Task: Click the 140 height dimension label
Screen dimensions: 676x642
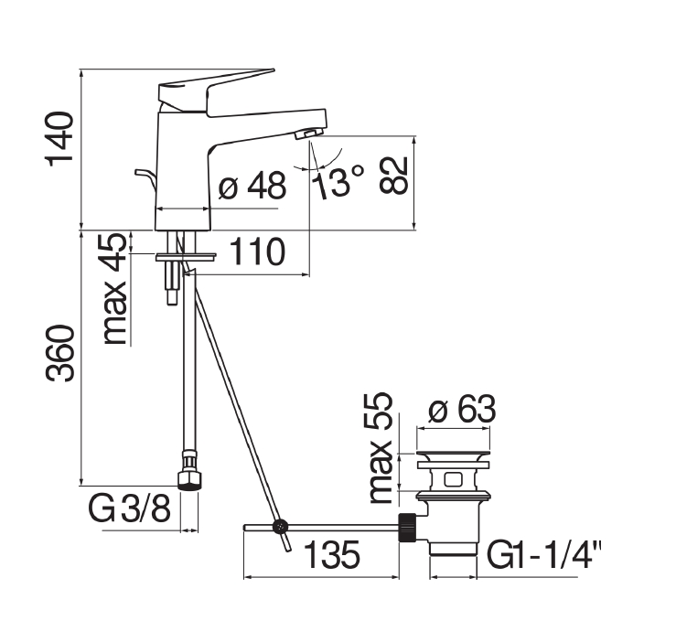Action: [59, 139]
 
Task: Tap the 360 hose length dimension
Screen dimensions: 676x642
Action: [60, 354]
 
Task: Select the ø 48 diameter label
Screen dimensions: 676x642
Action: [252, 186]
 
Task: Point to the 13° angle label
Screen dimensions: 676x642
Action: [338, 182]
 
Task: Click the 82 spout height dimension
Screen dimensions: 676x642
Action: [393, 176]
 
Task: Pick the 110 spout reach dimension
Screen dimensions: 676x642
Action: [257, 251]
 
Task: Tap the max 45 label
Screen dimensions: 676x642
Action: [115, 289]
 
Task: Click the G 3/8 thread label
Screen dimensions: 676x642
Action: [129, 508]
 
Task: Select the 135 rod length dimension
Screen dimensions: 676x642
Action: [332, 554]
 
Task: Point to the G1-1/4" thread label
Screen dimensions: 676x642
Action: [544, 555]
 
